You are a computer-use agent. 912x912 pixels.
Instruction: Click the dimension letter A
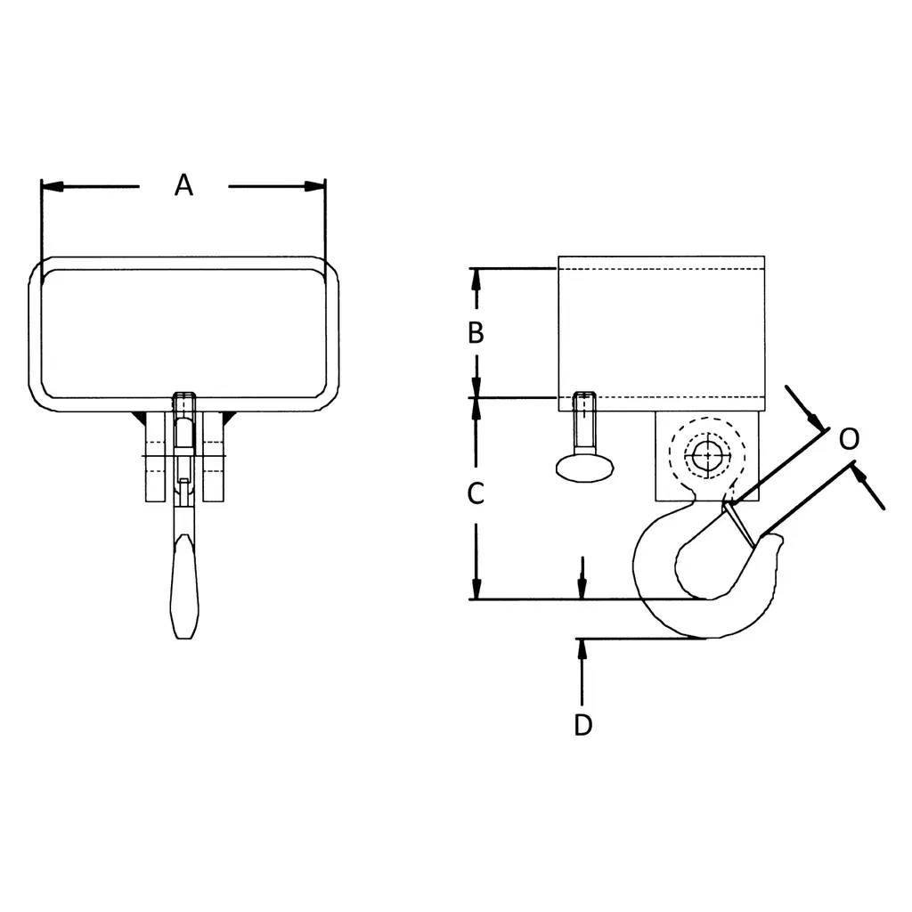[x=183, y=185]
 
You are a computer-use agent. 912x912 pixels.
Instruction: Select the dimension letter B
[x=476, y=333]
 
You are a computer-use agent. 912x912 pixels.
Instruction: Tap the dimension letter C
[x=476, y=493]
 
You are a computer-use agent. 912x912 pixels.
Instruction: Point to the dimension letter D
[x=582, y=726]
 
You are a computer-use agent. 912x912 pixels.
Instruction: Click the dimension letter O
[x=849, y=438]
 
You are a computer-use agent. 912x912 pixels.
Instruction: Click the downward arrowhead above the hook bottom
[x=582, y=589]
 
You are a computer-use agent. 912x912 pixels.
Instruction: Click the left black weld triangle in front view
[x=138, y=418]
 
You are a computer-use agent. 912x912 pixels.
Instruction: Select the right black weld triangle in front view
[x=228, y=418]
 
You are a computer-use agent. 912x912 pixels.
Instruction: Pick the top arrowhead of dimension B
[x=476, y=278]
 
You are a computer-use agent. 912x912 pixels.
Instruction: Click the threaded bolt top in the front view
[x=184, y=398]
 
